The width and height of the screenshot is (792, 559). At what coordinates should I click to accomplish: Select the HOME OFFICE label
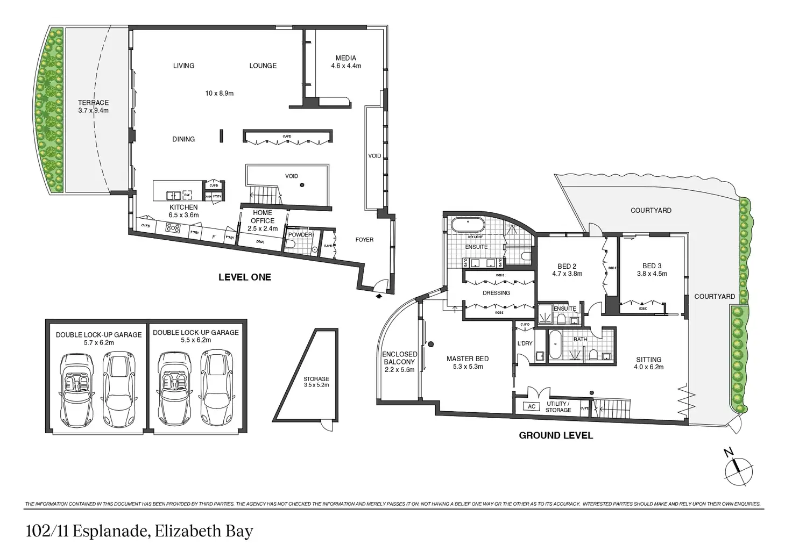tap(263, 217)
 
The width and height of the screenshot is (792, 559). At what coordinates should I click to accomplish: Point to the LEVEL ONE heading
tap(244, 277)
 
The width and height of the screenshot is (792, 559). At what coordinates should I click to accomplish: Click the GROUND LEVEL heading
tap(556, 435)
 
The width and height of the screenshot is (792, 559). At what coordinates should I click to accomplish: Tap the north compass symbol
tap(738, 470)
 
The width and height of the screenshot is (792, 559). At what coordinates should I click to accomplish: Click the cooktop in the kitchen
tap(173, 227)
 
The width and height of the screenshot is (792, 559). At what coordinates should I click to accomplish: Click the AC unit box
tap(532, 406)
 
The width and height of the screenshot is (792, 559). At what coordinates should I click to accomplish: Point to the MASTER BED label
tap(468, 359)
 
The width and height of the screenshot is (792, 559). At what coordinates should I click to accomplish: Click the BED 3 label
tap(652, 266)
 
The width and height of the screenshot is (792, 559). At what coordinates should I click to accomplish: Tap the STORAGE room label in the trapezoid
tap(316, 379)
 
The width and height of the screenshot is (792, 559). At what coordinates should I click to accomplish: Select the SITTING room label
tap(648, 360)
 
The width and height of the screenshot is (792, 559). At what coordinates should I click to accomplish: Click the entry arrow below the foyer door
tap(379, 295)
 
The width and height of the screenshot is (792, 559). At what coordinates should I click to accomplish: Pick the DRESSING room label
tap(496, 293)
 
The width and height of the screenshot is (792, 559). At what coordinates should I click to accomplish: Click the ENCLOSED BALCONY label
tap(399, 358)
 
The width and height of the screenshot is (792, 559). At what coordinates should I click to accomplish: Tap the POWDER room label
tap(300, 235)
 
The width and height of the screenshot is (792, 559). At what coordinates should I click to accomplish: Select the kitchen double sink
tap(174, 195)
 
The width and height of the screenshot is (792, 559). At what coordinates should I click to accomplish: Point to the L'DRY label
tap(525, 343)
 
